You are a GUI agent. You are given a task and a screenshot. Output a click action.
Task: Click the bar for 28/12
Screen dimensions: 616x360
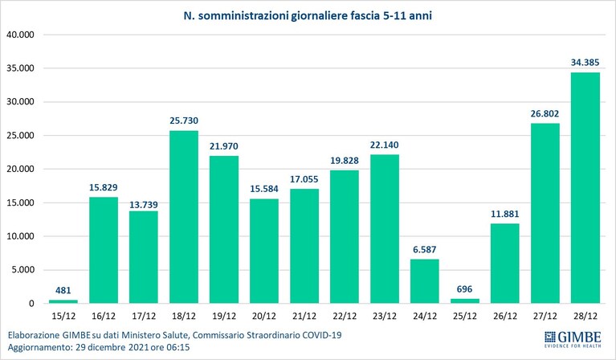coord(585,188)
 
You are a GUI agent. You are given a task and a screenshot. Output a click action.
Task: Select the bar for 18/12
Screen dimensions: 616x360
coord(184,217)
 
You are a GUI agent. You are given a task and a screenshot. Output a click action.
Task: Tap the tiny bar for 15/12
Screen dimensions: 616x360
coord(63,301)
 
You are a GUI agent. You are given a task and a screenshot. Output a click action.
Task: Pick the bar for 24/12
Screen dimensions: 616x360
coord(424,281)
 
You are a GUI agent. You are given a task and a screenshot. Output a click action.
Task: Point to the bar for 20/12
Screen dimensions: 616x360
coord(264,252)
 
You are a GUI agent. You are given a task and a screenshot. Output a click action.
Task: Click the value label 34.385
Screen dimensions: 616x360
coord(585,62)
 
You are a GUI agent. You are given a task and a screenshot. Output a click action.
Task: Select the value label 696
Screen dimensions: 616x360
coord(464,289)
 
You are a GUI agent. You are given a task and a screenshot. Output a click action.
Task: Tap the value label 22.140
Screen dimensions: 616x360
coord(384,145)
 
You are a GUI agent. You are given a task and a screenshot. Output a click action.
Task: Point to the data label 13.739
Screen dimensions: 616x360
coord(144,205)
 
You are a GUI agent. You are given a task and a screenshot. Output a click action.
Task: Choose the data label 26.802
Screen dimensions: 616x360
coord(545,113)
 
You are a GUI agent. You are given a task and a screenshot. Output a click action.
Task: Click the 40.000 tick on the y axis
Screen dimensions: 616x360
coord(20,35)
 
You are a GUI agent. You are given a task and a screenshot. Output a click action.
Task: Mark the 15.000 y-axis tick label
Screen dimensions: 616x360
coord(20,202)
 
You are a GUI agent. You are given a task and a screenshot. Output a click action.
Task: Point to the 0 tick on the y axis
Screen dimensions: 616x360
coord(31,304)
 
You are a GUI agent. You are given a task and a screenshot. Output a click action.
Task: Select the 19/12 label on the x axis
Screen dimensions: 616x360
coord(224,316)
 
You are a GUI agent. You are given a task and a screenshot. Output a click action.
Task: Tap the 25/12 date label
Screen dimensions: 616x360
coord(465,316)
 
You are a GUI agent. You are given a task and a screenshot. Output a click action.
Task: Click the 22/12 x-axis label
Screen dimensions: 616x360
coord(345,316)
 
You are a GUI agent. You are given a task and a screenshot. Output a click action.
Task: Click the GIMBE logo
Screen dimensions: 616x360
coord(573,339)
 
